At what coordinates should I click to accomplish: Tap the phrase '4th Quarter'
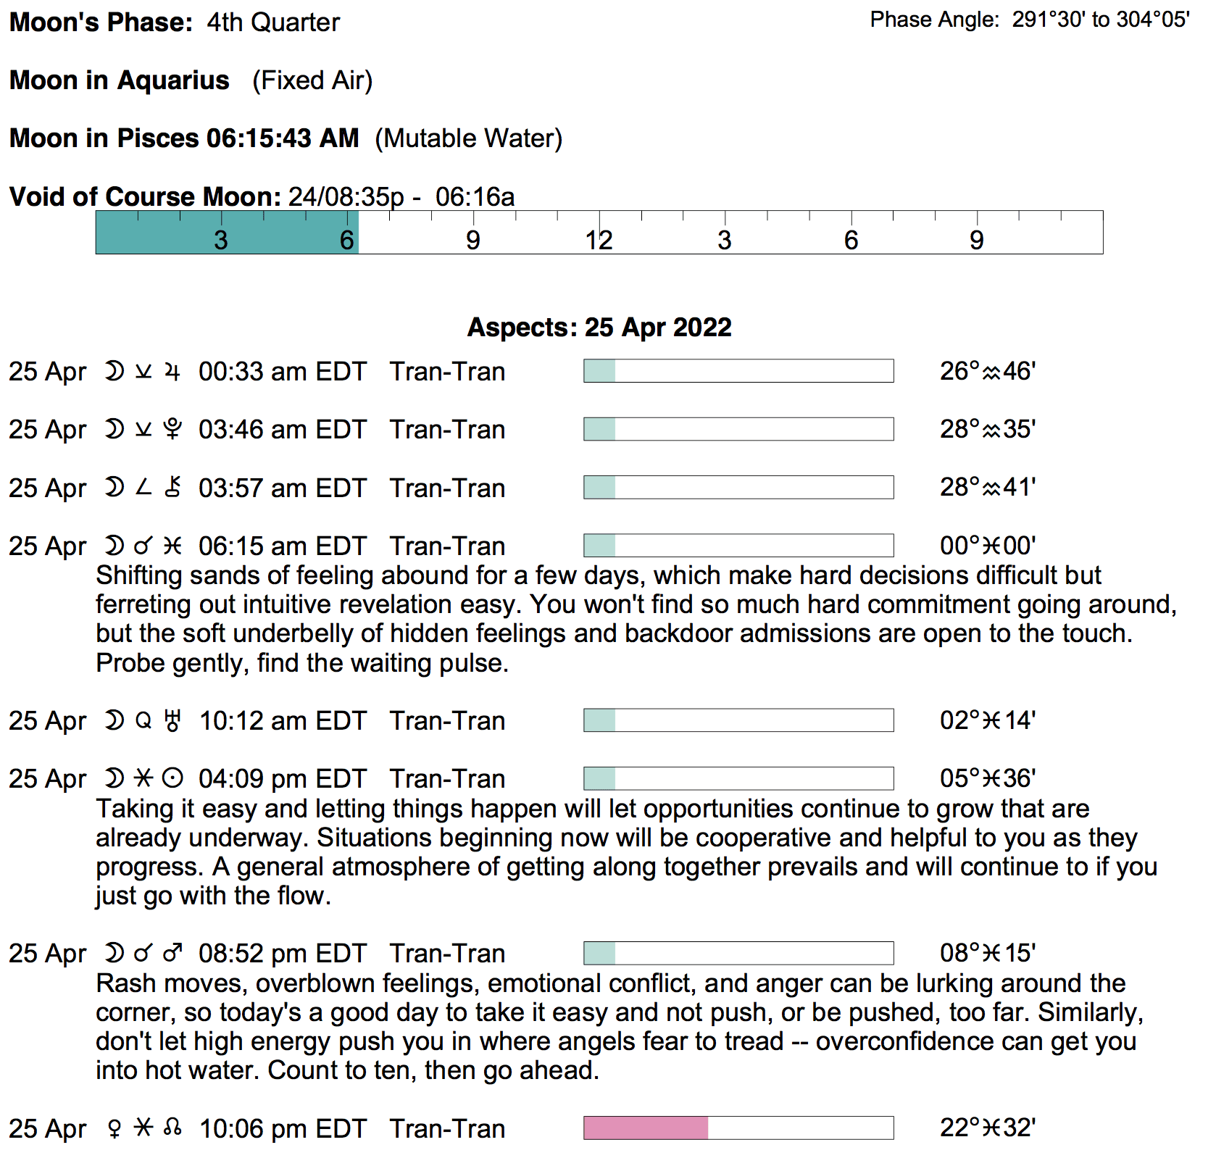(273, 22)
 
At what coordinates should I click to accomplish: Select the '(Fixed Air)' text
(312, 80)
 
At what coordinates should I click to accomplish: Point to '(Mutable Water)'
(468, 138)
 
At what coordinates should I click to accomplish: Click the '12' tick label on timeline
(599, 241)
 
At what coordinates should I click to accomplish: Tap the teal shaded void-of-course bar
(227, 233)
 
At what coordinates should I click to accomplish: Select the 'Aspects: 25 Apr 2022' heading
(599, 328)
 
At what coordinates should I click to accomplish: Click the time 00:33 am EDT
(283, 372)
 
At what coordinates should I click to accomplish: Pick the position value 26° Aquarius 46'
(988, 371)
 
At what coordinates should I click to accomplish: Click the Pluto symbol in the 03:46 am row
(172, 430)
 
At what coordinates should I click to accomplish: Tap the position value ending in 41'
(988, 488)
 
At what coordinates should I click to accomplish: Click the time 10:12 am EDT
(283, 721)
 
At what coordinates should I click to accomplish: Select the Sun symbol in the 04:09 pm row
(172, 779)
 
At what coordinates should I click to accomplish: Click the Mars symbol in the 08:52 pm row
(172, 954)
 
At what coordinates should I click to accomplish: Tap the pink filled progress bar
(646, 1128)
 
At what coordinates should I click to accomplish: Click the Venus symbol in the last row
(114, 1129)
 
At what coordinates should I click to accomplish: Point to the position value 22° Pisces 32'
(988, 1128)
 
